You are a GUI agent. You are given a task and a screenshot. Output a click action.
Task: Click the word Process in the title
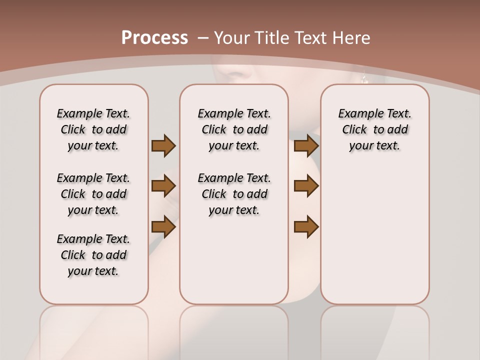(x=154, y=38)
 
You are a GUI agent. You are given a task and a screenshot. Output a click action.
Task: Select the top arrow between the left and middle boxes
(x=163, y=145)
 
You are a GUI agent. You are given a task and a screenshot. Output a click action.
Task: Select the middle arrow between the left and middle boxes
(x=163, y=186)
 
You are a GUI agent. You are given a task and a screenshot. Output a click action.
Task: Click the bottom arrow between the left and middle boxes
(x=163, y=226)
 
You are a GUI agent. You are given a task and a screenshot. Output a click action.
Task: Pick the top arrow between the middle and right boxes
(x=306, y=145)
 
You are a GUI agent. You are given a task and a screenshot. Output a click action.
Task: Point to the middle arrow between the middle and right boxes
(x=306, y=186)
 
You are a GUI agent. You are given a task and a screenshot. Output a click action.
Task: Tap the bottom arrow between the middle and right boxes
(x=306, y=226)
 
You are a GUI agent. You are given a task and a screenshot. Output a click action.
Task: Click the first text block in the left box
(x=93, y=129)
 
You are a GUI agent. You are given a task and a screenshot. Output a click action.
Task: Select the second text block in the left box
(x=93, y=194)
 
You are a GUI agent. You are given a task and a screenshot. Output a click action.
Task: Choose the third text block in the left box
(x=93, y=255)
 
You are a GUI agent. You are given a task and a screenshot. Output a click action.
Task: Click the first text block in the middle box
(x=234, y=129)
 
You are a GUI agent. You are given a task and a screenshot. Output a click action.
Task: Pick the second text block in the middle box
(x=234, y=194)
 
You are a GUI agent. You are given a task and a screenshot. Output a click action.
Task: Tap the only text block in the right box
(x=374, y=129)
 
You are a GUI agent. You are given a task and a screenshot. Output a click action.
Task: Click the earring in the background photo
(x=364, y=79)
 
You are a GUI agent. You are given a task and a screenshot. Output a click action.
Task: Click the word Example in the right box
(x=356, y=114)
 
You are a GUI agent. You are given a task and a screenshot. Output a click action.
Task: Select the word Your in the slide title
(x=232, y=38)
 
